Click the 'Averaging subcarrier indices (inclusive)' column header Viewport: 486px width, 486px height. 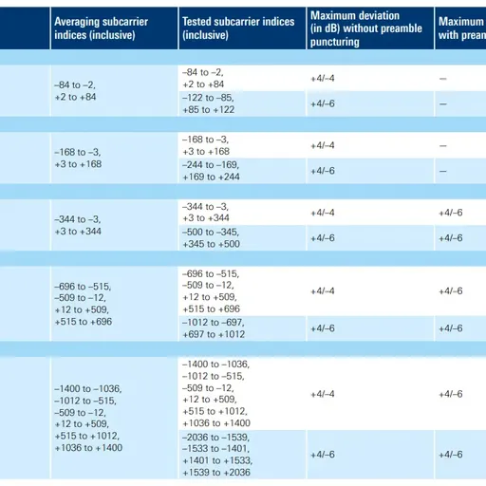tap(102, 28)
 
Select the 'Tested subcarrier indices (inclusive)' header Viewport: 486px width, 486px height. tap(238, 28)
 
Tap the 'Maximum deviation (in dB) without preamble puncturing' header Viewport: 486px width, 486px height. tap(366, 28)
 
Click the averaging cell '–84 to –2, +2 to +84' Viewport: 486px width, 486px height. tap(75, 91)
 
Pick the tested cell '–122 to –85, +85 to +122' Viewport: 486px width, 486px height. tap(208, 103)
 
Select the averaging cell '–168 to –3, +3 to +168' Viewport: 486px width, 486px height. tap(78, 158)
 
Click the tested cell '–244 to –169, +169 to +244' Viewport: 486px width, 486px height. tap(211, 171)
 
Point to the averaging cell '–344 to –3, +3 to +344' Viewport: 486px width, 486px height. tap(78, 225)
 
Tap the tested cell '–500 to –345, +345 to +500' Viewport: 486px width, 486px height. tap(211, 237)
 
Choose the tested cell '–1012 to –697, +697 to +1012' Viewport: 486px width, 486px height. tap(214, 328)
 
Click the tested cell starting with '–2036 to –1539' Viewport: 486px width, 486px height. tap(217, 455)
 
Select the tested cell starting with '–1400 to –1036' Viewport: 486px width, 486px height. tap(216, 393)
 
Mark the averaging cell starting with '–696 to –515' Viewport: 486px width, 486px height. tap(83, 304)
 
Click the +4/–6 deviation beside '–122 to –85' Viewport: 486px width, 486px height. tap(323, 103)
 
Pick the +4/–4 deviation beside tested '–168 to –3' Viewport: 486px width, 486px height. tap(323, 145)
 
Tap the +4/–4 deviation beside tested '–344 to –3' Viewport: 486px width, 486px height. tap(323, 213)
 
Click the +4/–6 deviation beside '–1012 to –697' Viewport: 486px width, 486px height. tap(323, 328)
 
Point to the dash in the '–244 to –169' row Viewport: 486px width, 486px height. tap(443, 171)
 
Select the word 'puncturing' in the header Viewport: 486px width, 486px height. tap(335, 42)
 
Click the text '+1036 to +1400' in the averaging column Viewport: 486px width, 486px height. tap(88, 448)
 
